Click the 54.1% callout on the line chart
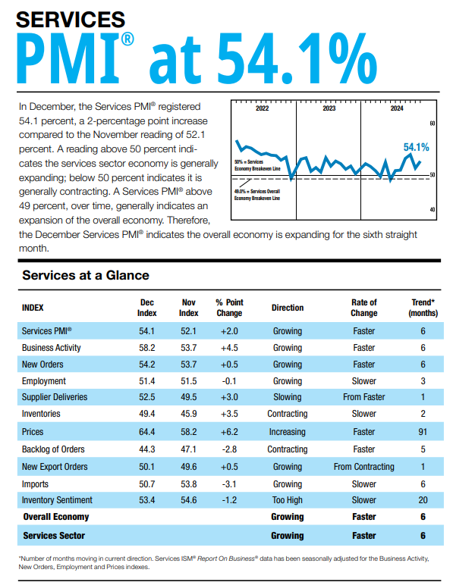tap(416, 147)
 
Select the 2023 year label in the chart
tap(329, 108)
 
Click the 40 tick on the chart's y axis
tap(433, 209)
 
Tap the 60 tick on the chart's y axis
tap(433, 123)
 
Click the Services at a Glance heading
tap(86, 275)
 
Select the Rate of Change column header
tap(363, 308)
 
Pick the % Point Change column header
tap(229, 308)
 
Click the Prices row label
tap(33, 432)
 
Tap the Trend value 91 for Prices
tap(423, 432)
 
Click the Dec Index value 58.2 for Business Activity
tap(146, 348)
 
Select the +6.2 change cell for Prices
tap(229, 432)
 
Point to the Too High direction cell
tap(287, 500)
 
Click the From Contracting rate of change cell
tap(363, 467)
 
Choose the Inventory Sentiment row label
tap(57, 500)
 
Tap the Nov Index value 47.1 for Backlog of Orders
tap(188, 449)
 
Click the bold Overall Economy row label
tap(55, 517)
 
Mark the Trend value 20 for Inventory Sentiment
tap(423, 500)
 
